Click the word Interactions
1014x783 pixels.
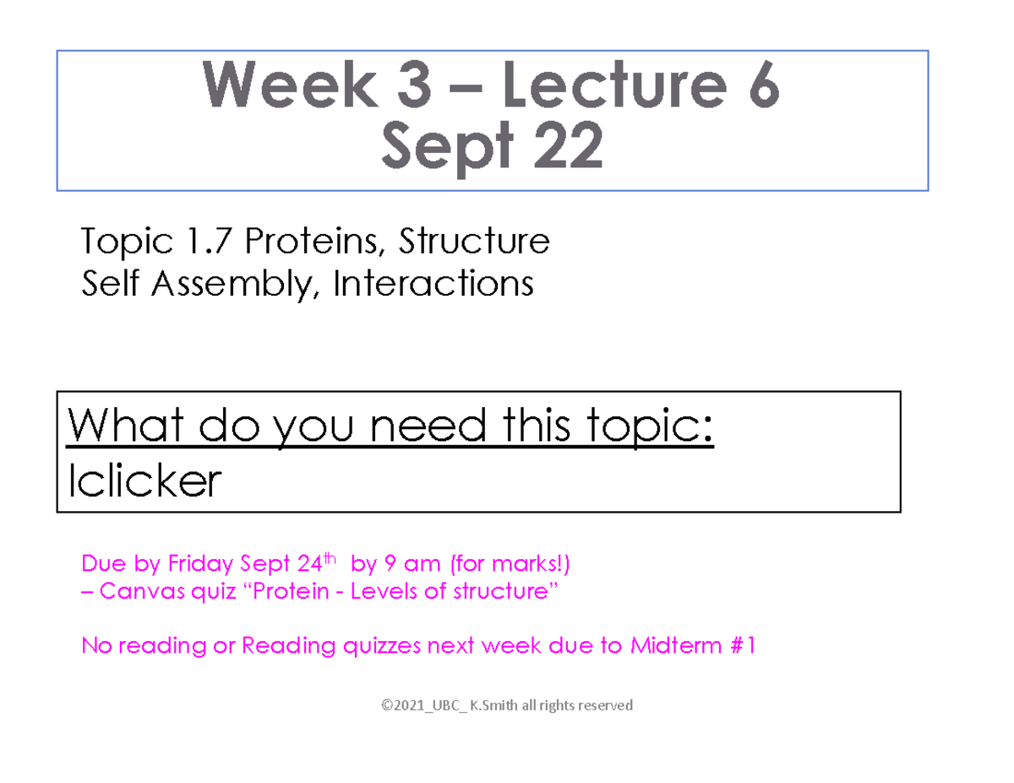(x=433, y=284)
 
